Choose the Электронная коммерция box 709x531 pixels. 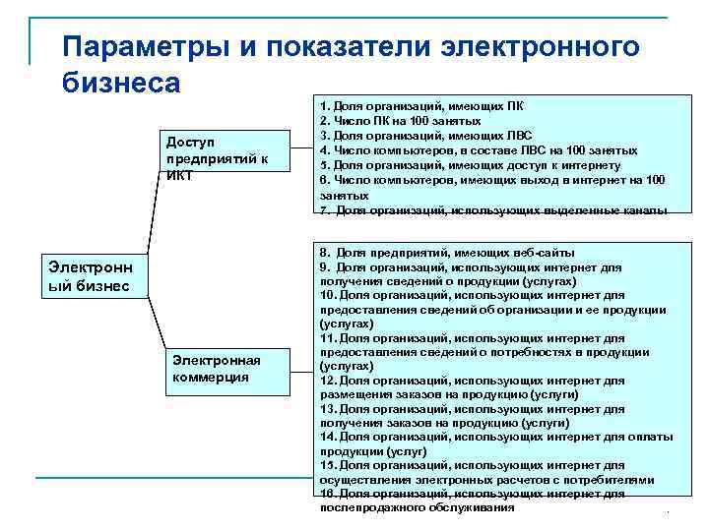point(227,369)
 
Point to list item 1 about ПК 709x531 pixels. point(423,105)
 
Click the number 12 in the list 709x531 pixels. point(327,380)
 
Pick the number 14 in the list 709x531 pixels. point(327,436)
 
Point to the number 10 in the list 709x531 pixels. point(327,295)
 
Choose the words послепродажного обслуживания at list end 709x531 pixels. point(418,508)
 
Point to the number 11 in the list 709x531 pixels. point(327,337)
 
